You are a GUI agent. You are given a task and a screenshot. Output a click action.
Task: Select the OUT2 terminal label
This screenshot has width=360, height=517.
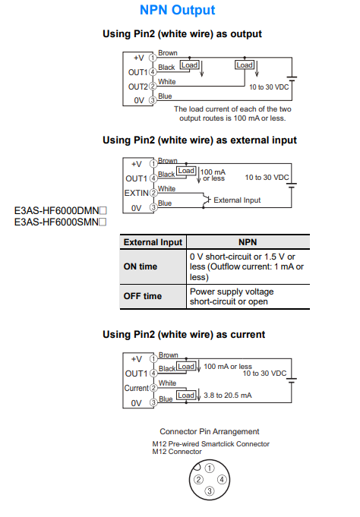tap(137, 87)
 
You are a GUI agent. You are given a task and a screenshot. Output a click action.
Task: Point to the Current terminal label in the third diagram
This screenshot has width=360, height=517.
tap(136, 388)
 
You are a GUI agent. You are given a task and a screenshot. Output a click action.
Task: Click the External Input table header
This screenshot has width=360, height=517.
tap(153, 242)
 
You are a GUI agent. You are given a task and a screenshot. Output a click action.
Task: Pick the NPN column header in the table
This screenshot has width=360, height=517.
tap(248, 242)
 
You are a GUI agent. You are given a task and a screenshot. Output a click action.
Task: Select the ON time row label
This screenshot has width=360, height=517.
tap(141, 266)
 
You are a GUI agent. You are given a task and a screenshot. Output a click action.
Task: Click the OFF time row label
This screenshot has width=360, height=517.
tap(142, 296)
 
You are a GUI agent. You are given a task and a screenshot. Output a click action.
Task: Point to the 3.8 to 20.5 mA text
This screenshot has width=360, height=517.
tap(227, 396)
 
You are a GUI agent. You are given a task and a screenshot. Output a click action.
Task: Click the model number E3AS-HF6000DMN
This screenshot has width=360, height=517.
tap(60, 212)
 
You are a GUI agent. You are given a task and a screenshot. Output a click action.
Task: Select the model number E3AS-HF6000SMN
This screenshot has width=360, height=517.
tap(60, 222)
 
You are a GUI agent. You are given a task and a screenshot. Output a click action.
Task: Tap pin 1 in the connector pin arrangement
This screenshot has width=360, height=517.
tap(209, 467)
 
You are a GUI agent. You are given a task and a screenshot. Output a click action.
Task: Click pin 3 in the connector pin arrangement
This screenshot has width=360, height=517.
tap(209, 492)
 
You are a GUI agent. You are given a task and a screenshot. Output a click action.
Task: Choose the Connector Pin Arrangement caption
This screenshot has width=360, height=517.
tap(209, 432)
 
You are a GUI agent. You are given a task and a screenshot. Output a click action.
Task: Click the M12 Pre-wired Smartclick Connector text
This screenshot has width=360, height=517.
tap(210, 444)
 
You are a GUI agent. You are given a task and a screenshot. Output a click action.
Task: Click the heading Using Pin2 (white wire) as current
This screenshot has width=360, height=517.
tap(183, 335)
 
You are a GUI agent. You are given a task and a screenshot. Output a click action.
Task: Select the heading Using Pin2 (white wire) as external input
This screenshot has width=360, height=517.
tap(199, 140)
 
